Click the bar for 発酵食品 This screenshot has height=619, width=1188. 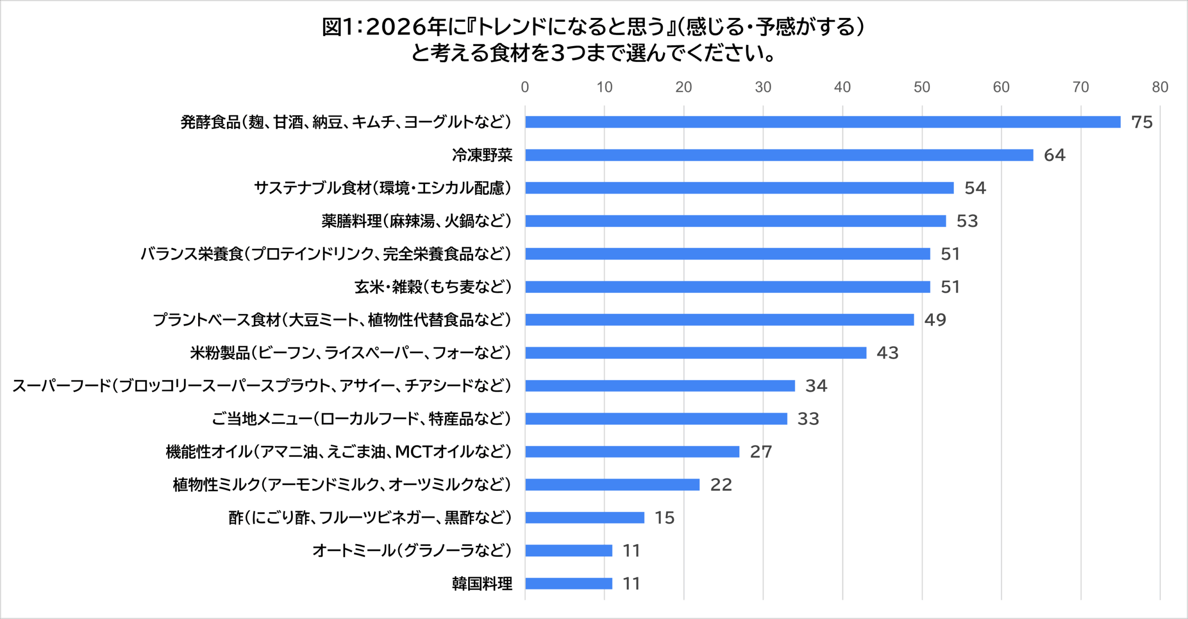[822, 122]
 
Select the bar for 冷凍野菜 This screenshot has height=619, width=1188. [779, 155]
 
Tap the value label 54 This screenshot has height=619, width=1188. [975, 188]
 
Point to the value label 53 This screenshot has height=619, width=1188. [967, 221]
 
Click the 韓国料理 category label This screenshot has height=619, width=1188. [482, 583]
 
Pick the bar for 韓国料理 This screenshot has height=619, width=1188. [568, 583]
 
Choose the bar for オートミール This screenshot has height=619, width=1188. [568, 550]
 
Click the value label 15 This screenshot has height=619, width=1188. [664, 517]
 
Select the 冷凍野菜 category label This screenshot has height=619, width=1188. [482, 155]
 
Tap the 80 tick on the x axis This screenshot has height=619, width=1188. [1160, 87]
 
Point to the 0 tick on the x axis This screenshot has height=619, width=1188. [525, 87]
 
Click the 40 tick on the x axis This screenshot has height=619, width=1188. [842, 87]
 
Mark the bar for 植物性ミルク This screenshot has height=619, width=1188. [612, 484]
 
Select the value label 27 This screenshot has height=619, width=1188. [761, 451]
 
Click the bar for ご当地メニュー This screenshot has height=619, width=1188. [656, 419]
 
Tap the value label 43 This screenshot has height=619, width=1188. [887, 353]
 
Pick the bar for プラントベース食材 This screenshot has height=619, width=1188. [719, 320]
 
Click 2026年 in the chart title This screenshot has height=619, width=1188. [407, 27]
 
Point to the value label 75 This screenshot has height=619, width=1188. [1142, 122]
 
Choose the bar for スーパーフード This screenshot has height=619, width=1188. [660, 386]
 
